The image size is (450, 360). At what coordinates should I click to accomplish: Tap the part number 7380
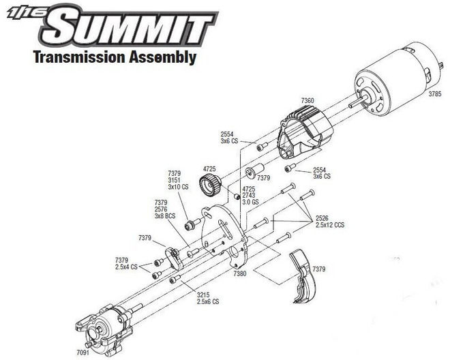coord(239,273)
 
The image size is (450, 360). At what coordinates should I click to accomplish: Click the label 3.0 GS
coord(251,202)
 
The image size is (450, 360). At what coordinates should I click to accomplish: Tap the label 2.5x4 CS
coord(126,267)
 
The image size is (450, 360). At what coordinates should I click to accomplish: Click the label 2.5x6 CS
coord(207,301)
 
